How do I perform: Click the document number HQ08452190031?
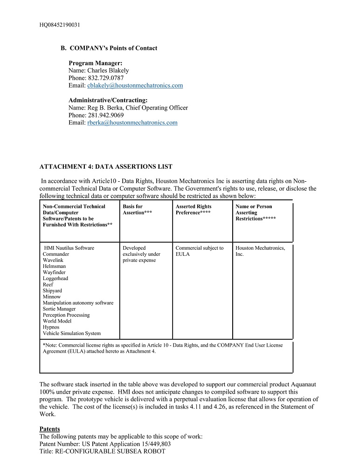pyautogui.click(x=59, y=25)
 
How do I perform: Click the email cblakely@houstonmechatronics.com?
pyautogui.click(x=135, y=86)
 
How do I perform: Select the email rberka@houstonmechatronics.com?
pyautogui.click(x=132, y=123)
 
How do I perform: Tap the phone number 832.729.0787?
pyautogui.click(x=106, y=78)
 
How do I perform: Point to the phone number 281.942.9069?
pyautogui.click(x=106, y=116)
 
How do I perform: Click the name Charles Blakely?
pyautogui.click(x=108, y=71)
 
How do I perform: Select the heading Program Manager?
pyautogui.click(x=96, y=63)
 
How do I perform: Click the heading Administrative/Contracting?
pyautogui.click(x=108, y=100)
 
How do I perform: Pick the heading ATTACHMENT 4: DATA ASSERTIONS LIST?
pyautogui.click(x=106, y=167)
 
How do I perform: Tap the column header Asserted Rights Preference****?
pyautogui.click(x=193, y=210)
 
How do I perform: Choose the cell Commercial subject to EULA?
pyautogui.click(x=199, y=251)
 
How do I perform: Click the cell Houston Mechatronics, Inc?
pyautogui.click(x=260, y=251)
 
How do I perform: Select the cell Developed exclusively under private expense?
pyautogui.click(x=141, y=254)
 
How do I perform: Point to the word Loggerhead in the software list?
pyautogui.click(x=55, y=279)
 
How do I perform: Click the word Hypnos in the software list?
pyautogui.click(x=51, y=327)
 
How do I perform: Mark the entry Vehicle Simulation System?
pyautogui.click(x=71, y=333)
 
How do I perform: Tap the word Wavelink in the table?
pyautogui.click(x=53, y=260)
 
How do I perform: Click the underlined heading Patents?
pyautogui.click(x=49, y=429)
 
